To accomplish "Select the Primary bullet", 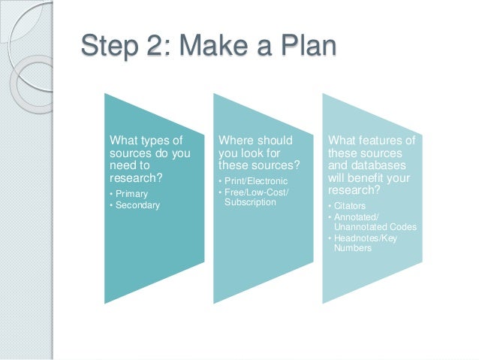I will click(131, 193).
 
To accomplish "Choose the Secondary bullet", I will click(137, 204).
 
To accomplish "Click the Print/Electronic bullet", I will click(255, 181).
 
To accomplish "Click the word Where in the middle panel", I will click(235, 141).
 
